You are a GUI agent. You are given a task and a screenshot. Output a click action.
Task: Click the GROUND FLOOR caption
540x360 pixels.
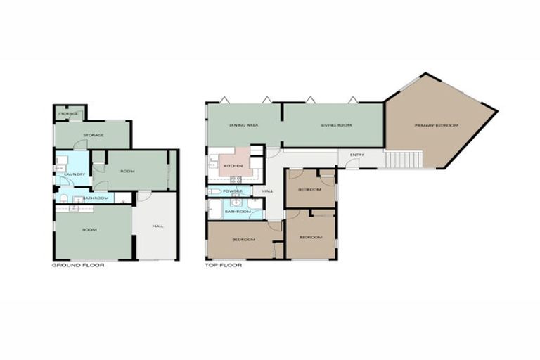(78, 266)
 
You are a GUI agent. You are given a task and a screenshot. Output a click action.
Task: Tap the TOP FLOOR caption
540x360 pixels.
(223, 266)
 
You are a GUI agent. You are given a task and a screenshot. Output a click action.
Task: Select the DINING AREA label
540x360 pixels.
(243, 125)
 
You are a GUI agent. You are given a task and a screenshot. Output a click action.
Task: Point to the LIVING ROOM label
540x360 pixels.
(336, 125)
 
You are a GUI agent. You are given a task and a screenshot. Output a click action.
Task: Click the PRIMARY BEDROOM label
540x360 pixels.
(436, 125)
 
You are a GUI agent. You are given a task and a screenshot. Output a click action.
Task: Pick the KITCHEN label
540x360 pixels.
(233, 166)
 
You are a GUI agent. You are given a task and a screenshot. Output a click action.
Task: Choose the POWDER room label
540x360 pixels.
(232, 191)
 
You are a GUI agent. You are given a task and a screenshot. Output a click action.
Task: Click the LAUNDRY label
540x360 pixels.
(75, 174)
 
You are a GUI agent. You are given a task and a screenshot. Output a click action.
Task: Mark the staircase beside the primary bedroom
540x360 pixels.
(403, 160)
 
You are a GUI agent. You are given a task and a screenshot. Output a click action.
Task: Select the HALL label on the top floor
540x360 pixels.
(267, 191)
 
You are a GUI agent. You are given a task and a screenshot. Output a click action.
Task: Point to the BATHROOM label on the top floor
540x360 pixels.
(238, 211)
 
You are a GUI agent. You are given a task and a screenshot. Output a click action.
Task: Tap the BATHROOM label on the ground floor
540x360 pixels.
(96, 198)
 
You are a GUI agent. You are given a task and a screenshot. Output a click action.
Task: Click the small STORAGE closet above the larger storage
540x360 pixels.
(68, 113)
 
